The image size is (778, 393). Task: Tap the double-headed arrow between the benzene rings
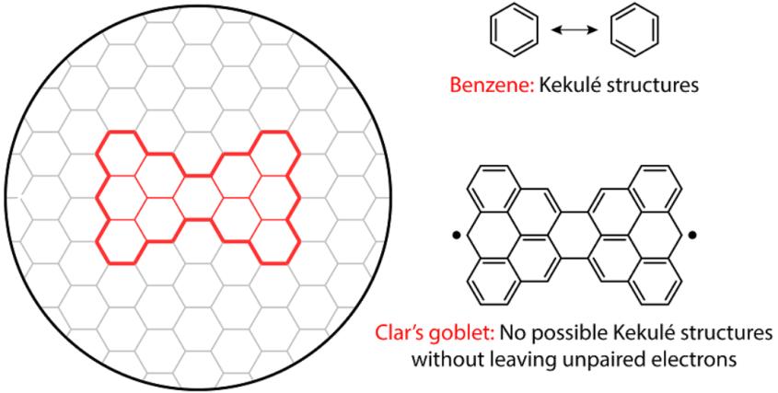(x=575, y=30)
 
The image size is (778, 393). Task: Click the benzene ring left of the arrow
(x=514, y=29)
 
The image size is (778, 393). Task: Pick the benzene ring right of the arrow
(x=634, y=29)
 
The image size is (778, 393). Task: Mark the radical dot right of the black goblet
(x=693, y=235)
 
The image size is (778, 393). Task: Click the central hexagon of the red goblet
(x=198, y=198)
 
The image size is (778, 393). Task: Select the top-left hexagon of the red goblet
(x=121, y=154)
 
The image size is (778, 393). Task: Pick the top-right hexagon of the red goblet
(x=275, y=154)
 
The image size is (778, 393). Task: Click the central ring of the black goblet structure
(x=575, y=235)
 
